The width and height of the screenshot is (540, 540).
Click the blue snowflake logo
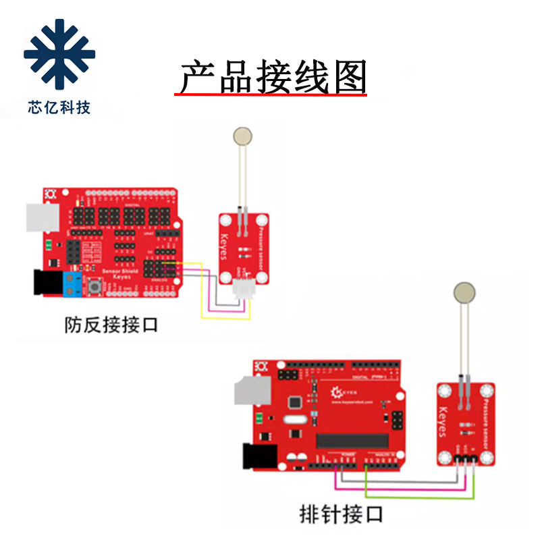tap(59, 54)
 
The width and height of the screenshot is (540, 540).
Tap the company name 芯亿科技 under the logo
tap(59, 107)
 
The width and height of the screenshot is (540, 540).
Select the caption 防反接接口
tap(111, 325)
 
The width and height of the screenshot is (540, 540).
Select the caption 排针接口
tap(341, 514)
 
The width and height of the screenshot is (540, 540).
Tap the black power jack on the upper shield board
tap(45, 282)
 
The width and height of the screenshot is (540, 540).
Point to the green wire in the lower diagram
tap(418, 497)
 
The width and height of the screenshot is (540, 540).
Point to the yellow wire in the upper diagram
tap(226, 317)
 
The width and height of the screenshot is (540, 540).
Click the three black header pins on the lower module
tap(466, 460)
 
